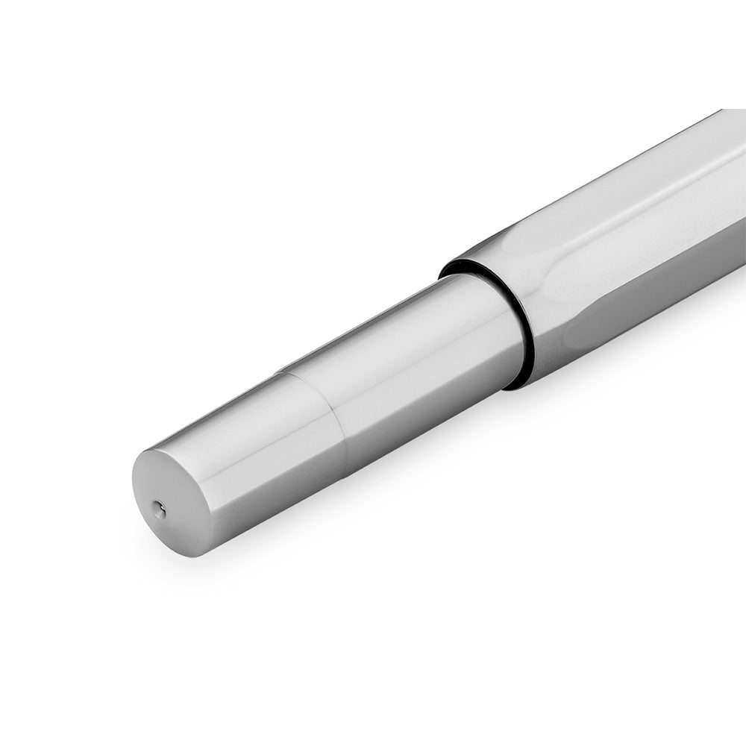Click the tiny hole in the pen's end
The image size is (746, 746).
(156, 508)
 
